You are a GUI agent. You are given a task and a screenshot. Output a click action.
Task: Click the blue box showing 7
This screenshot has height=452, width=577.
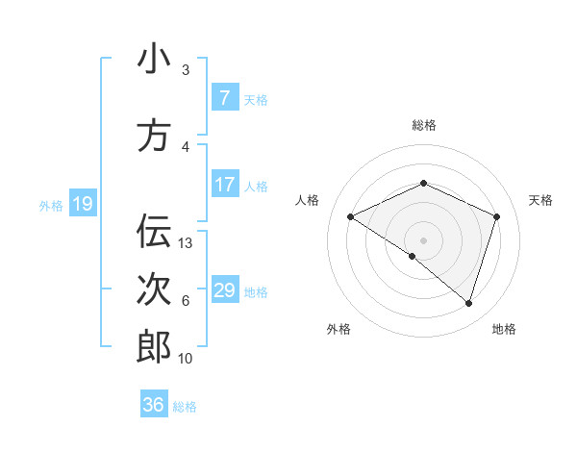pyautogui.click(x=224, y=97)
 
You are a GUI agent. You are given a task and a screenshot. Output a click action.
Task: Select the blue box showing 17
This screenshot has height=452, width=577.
pyautogui.click(x=224, y=184)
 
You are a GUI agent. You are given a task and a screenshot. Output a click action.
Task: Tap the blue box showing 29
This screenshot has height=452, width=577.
pyautogui.click(x=224, y=289)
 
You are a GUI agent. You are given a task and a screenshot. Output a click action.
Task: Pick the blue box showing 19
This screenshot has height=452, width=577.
pyautogui.click(x=83, y=203)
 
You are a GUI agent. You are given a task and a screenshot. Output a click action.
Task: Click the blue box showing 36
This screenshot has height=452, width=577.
pyautogui.click(x=153, y=405)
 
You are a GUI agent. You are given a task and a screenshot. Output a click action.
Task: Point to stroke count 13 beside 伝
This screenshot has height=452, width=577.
pyautogui.click(x=186, y=243)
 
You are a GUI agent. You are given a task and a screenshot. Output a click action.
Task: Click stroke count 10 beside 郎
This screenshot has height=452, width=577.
pyautogui.click(x=186, y=359)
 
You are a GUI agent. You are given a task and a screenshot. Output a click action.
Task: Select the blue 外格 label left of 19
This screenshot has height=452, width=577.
pyautogui.click(x=51, y=205)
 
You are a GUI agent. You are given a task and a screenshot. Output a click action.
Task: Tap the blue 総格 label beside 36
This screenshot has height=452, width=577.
pyautogui.click(x=185, y=407)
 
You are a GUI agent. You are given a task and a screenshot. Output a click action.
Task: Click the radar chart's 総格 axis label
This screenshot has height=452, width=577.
pyautogui.click(x=423, y=125)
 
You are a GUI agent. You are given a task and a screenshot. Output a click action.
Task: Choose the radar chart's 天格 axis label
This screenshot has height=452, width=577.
pyautogui.click(x=540, y=200)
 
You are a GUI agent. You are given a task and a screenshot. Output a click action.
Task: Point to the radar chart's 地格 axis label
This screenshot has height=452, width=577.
pyautogui.click(x=504, y=329)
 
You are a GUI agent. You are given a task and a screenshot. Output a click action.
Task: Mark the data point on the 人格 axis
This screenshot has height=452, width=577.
pyautogui.click(x=351, y=216)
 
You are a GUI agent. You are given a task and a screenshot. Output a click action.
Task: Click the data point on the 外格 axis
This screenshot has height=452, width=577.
pyautogui.click(x=413, y=256)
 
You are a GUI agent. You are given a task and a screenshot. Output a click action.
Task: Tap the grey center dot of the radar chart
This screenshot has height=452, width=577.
pyautogui.click(x=423, y=239)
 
